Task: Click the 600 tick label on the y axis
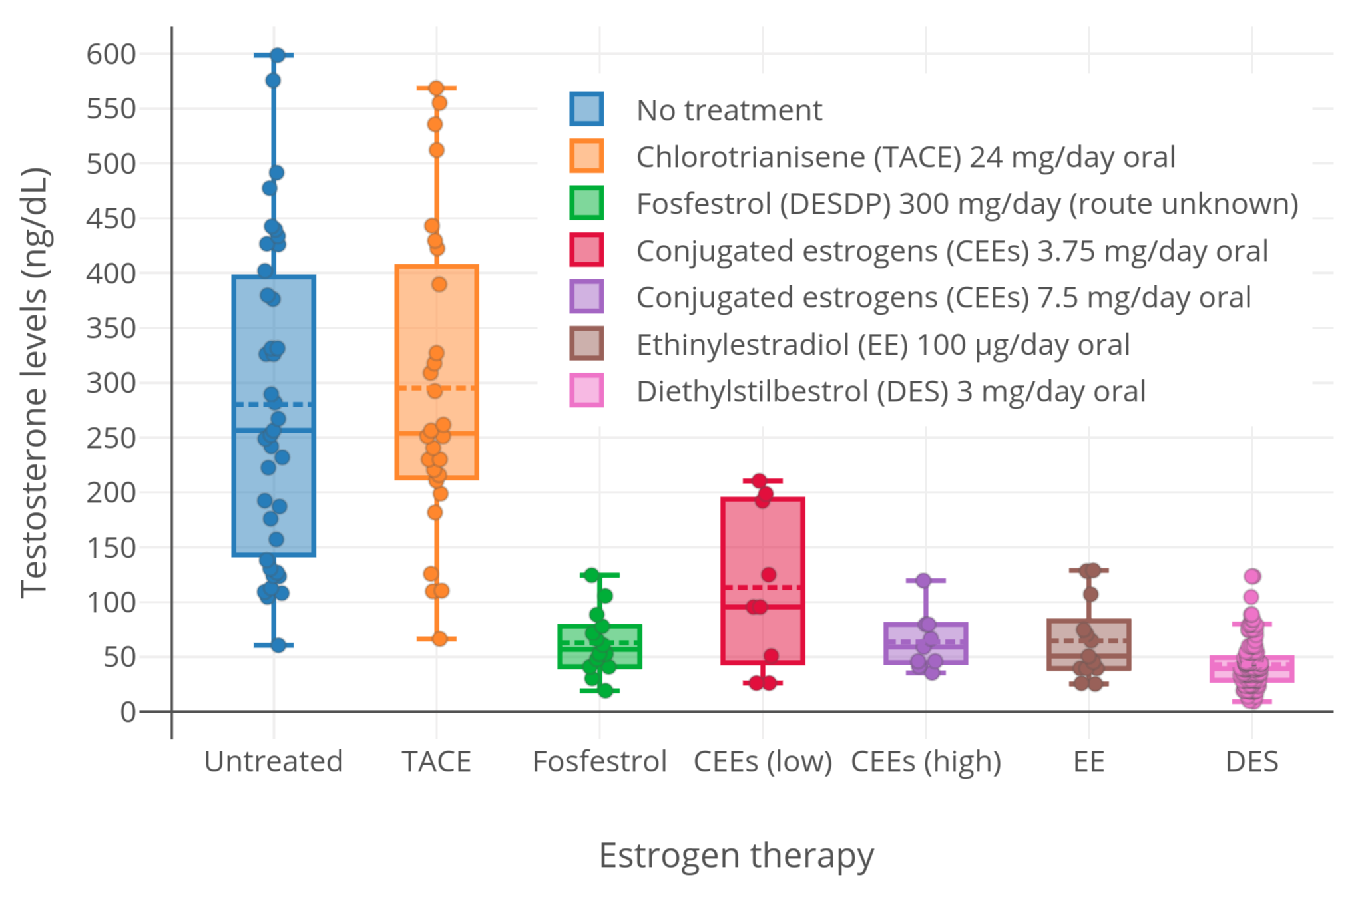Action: pyautogui.click(x=111, y=54)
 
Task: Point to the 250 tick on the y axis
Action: pyautogui.click(x=111, y=438)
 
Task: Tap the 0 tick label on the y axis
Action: pyautogui.click(x=128, y=712)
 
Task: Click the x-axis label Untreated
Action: pyautogui.click(x=273, y=761)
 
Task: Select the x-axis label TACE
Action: pyautogui.click(x=437, y=761)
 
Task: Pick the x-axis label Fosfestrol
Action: pyautogui.click(x=599, y=761)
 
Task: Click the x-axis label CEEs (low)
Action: pyautogui.click(x=763, y=761)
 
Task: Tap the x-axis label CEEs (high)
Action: pyautogui.click(x=926, y=761)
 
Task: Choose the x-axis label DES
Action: pyautogui.click(x=1251, y=761)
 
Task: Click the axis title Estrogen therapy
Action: pyautogui.click(x=736, y=856)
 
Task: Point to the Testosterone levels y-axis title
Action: pyautogui.click(x=33, y=383)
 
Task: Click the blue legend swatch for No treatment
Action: pyautogui.click(x=586, y=109)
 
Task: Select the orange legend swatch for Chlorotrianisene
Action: pyautogui.click(x=586, y=156)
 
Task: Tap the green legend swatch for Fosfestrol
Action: pyautogui.click(x=586, y=203)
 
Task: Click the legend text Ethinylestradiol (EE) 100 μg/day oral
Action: pyautogui.click(x=883, y=345)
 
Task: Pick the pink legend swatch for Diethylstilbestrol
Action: pyautogui.click(x=586, y=391)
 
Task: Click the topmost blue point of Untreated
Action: pyautogui.click(x=278, y=55)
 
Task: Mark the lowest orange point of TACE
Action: pyautogui.click(x=440, y=639)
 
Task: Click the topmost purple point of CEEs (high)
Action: pyautogui.click(x=923, y=580)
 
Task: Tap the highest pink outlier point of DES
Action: pyautogui.click(x=1252, y=576)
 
